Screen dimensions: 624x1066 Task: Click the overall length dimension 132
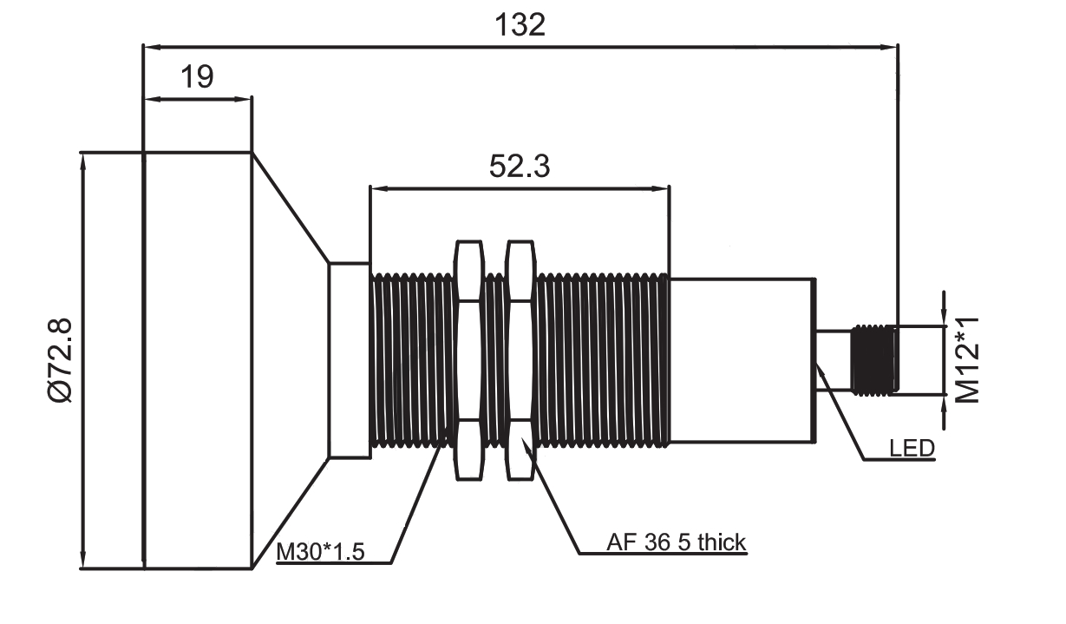(x=520, y=24)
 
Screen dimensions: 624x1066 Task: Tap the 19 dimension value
(x=197, y=76)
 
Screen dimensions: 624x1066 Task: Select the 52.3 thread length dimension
(x=519, y=165)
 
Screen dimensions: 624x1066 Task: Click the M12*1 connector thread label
(x=967, y=360)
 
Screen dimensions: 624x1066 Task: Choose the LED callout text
(x=912, y=449)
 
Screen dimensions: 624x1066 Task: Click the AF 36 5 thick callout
(x=676, y=543)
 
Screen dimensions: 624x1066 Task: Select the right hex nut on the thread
(x=520, y=360)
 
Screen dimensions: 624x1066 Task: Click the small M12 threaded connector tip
(x=874, y=359)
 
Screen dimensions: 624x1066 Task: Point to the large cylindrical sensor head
(x=198, y=360)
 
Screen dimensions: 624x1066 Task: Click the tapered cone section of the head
(x=290, y=360)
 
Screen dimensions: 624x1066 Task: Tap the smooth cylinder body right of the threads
(x=742, y=360)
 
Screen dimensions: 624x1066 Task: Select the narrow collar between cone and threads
(x=350, y=360)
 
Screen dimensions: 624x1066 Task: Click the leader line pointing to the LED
(x=841, y=412)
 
